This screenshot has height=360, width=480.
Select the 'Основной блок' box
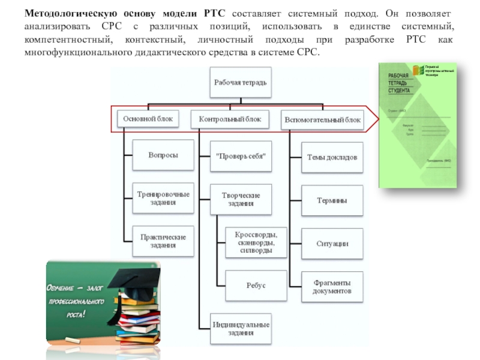pyautogui.click(x=148, y=119)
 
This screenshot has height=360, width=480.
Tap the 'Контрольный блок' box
pyautogui.click(x=230, y=119)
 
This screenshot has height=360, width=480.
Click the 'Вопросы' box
pyautogui.click(x=163, y=155)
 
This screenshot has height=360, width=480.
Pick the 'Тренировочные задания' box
pyautogui.click(x=163, y=198)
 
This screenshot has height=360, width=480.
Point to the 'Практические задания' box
pyautogui.click(x=163, y=241)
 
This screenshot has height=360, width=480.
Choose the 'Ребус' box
pyautogui.click(x=256, y=286)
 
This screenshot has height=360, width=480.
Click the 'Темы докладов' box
pyautogui.click(x=332, y=157)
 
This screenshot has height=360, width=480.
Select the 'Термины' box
pyautogui.click(x=332, y=200)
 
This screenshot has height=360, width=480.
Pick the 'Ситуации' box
pyautogui.click(x=332, y=244)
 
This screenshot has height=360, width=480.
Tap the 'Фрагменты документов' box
pyautogui.click(x=332, y=287)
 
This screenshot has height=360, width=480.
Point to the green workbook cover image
pyautogui.click(x=418, y=125)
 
